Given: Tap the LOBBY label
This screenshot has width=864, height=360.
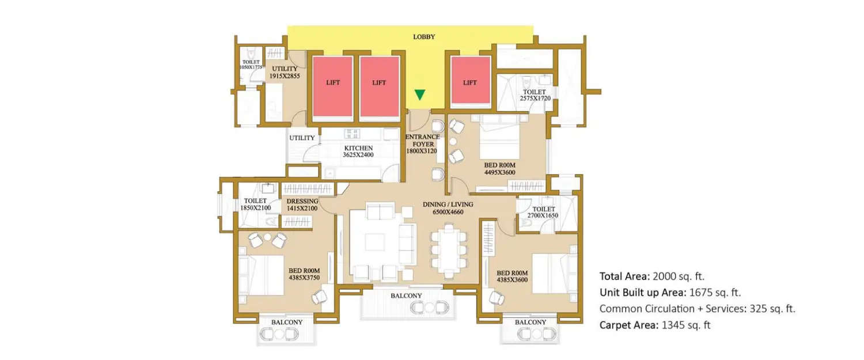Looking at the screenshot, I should click(x=424, y=37).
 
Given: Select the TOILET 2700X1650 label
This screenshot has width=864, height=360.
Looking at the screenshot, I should click(x=543, y=212).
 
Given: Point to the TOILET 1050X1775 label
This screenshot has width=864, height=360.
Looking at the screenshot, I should click(x=251, y=65).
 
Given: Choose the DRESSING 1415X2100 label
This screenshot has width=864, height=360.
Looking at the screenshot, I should click(x=302, y=204).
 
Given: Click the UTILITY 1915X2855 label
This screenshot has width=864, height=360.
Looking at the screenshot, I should click(x=284, y=72).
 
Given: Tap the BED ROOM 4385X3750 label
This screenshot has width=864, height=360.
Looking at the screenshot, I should click(x=304, y=274).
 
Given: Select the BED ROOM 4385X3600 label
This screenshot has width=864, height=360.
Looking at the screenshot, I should click(x=511, y=276).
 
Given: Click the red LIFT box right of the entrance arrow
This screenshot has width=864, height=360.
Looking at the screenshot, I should click(x=470, y=82).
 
